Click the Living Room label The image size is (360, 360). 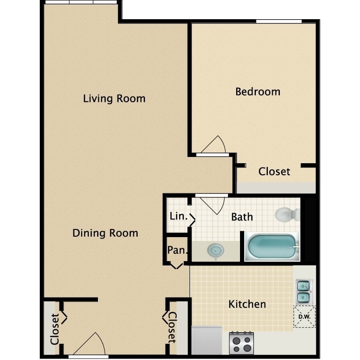click(x=114, y=99)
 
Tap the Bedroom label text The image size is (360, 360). click(x=258, y=91)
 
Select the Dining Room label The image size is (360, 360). click(x=105, y=233)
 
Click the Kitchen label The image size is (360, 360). click(x=247, y=304)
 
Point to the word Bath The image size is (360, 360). click(x=242, y=217)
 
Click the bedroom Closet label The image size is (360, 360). click(x=274, y=171)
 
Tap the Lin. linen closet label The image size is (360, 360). click(x=178, y=216)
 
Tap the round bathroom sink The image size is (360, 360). click(x=215, y=250)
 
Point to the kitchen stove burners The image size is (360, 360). click(x=241, y=343)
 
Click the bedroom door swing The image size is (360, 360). click(x=214, y=145)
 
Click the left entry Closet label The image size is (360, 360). click(x=54, y=329)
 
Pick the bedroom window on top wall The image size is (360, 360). click(x=278, y=21)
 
